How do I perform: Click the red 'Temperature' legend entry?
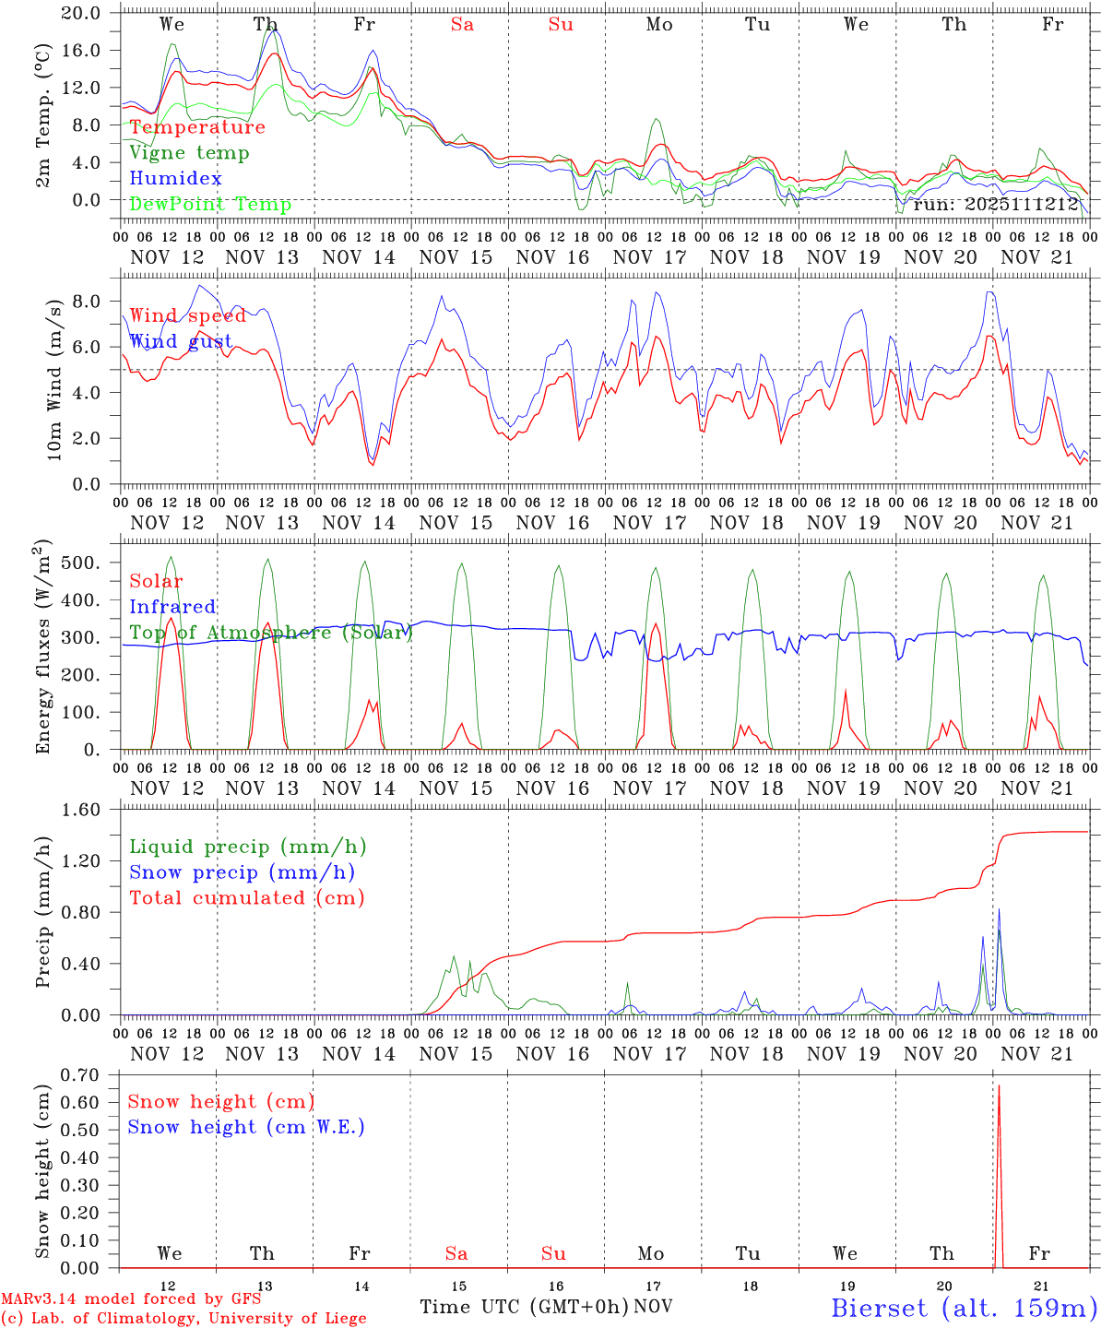click(x=197, y=127)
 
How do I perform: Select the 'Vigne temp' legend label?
click(x=189, y=153)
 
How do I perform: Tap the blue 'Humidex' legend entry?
click(x=175, y=179)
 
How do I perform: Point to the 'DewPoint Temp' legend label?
click(x=210, y=205)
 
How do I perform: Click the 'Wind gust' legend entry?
click(x=181, y=342)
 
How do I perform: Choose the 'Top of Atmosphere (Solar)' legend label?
click(x=270, y=633)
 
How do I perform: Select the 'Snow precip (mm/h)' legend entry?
click(x=242, y=872)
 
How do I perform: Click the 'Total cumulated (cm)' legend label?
click(x=246, y=898)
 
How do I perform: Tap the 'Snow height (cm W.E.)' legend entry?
click(x=246, y=1127)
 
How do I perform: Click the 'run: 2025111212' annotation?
click(x=996, y=205)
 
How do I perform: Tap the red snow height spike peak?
click(x=999, y=1085)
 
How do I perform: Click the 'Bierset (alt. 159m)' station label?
click(x=964, y=1308)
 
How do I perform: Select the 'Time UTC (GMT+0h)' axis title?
click(x=524, y=1307)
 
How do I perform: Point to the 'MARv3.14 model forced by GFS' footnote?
click(x=131, y=1299)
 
